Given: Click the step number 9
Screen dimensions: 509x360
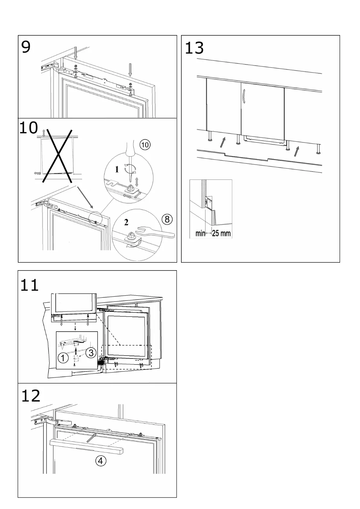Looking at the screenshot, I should click(x=26, y=47).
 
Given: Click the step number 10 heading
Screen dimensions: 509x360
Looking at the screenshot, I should click(x=29, y=128).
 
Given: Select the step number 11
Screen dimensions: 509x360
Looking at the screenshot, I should click(x=29, y=285).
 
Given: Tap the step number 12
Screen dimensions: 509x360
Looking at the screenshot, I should click(x=31, y=396).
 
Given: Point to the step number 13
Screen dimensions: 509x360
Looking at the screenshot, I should click(x=194, y=48).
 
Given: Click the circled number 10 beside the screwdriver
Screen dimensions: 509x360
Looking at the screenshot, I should click(x=145, y=145).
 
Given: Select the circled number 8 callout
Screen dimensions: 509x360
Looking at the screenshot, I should click(x=167, y=219).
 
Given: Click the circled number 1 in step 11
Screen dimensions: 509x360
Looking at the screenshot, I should click(x=63, y=358).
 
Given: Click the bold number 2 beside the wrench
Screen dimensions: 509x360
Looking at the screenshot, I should click(x=126, y=222).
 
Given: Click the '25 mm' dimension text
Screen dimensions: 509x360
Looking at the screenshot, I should click(x=221, y=233).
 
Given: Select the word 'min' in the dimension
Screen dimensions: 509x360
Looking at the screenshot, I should click(x=200, y=233).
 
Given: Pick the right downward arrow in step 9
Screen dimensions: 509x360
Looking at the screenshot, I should click(x=130, y=70).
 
